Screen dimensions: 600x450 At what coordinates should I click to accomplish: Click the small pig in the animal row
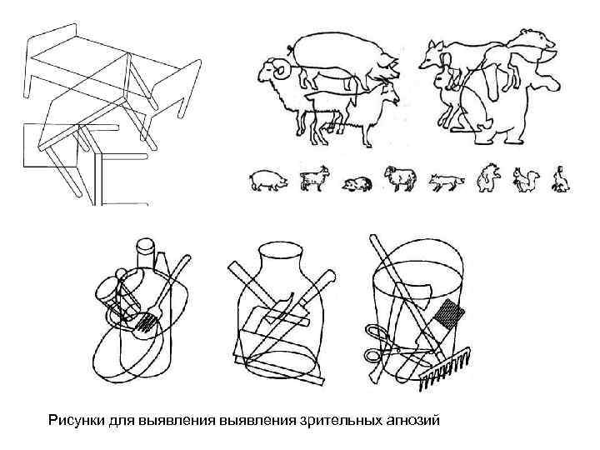pyautogui.click(x=268, y=179)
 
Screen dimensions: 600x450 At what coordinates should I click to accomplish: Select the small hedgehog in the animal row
pyautogui.click(x=356, y=183)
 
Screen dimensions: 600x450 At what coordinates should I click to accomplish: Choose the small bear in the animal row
pyautogui.click(x=487, y=178)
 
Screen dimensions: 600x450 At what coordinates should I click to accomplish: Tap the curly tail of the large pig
pyautogui.click(x=287, y=43)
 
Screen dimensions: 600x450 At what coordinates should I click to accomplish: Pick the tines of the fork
pyautogui.click(x=148, y=321)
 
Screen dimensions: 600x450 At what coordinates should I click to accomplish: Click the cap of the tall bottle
pyautogui.click(x=146, y=247)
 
